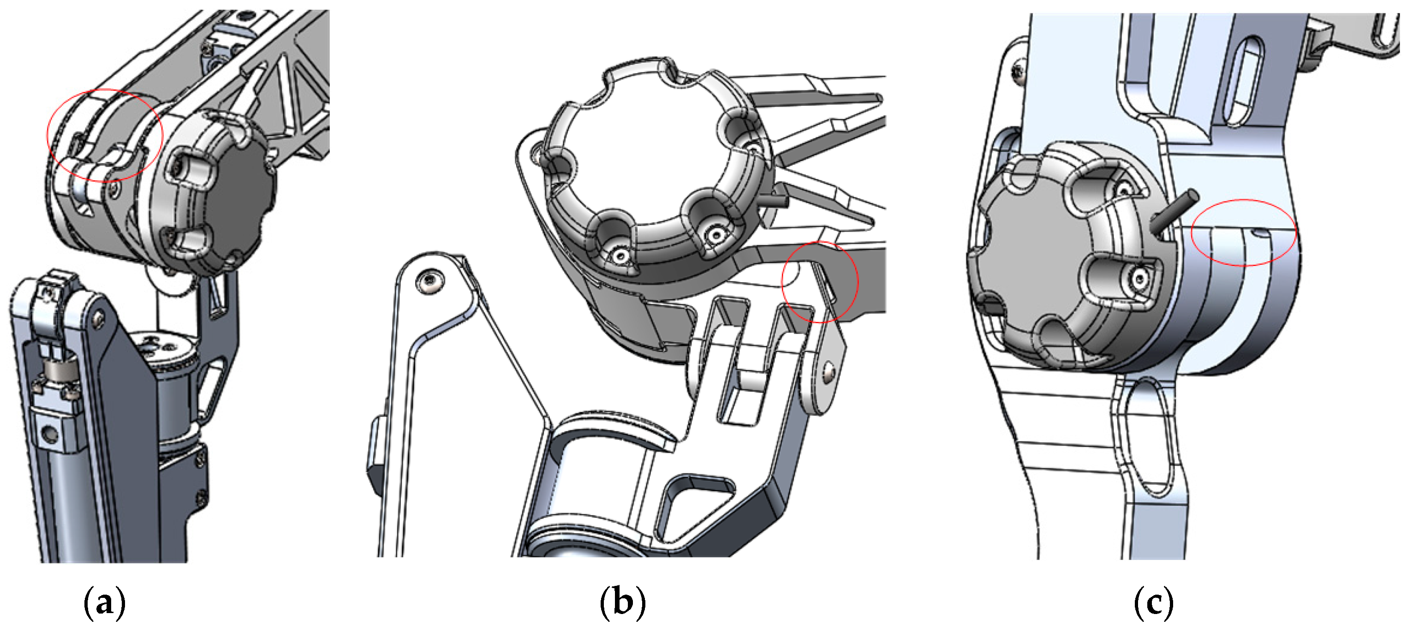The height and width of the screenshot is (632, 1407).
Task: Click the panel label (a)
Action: (104, 603)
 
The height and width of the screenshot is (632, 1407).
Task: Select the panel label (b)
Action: (623, 603)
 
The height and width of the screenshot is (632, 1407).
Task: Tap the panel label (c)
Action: (1154, 603)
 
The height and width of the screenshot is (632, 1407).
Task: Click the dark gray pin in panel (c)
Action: (1174, 210)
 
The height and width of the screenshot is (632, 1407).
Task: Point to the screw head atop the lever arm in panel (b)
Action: (430, 281)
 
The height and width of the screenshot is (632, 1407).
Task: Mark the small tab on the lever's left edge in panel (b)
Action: (375, 451)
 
